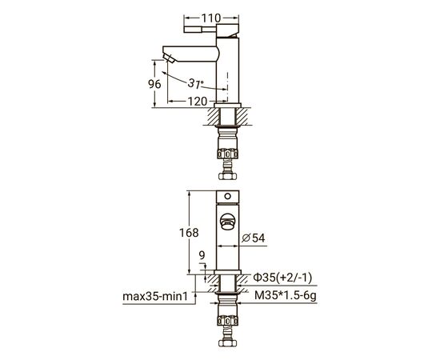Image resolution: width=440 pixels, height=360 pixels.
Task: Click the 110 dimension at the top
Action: pos(211,18)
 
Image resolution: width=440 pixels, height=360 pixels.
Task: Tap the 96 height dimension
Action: pos(154,84)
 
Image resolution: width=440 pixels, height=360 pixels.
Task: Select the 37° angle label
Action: pos(195,83)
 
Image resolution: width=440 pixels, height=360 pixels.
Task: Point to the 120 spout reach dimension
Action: pos(198,102)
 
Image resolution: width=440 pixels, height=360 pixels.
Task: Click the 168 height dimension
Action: pos(189,233)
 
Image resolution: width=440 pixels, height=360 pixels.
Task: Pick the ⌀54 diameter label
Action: pos(254,238)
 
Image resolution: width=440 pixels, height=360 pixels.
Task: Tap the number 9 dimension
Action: pos(202,255)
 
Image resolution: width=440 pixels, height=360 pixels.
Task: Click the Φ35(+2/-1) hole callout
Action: pos(282,278)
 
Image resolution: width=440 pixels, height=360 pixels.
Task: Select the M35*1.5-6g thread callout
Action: pos(286,296)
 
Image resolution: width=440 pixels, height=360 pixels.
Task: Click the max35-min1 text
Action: pos(155,296)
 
